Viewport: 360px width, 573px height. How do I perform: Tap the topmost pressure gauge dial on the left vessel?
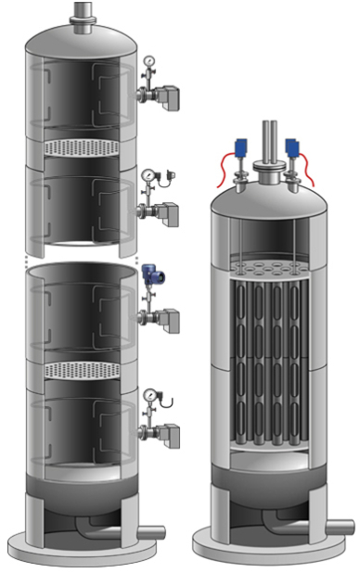click(148, 63)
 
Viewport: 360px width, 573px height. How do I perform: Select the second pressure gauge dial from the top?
click(147, 175)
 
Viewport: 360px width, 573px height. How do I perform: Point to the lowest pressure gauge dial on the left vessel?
click(148, 399)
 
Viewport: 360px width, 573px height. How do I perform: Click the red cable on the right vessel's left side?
click(225, 168)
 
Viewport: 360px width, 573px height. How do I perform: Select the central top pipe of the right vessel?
click(270, 139)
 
